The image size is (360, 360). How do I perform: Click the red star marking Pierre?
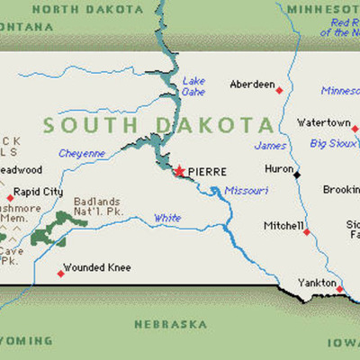pos(179,169)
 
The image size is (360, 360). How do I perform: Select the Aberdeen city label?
pos(252,85)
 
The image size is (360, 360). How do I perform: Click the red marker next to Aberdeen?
pos(279,90)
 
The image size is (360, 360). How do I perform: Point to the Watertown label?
pos(324,122)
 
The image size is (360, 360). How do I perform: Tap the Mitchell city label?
pos(283,225)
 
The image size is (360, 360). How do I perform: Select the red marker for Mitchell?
pos(306,232)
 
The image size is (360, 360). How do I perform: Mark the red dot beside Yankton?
pos(340,287)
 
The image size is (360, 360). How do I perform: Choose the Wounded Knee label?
pos(96,266)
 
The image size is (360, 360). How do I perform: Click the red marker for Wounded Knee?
pos(61,273)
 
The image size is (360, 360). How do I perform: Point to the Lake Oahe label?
pos(193,85)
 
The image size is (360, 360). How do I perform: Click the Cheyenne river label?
pos(82,153)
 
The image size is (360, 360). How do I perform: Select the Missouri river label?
pos(246,190)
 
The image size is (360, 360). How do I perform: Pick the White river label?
pos(166,218)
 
